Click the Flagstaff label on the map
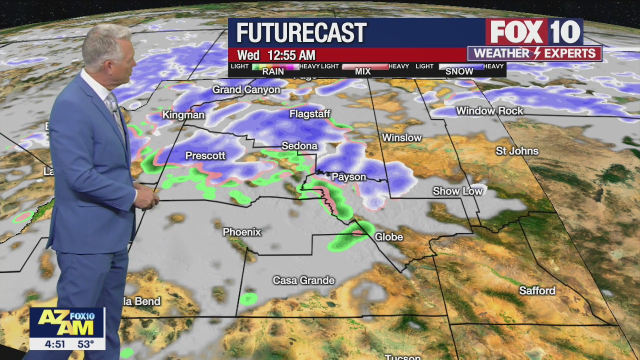pos(310,114)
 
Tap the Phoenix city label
pos(242,232)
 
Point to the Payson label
pos(349,177)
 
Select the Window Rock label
pos(489,111)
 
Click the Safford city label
pos(537,290)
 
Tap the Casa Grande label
pos(303,280)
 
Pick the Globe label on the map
pos(388,237)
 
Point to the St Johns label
pos(517,151)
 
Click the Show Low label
pos(457,191)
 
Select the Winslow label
pos(401,137)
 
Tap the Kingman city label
pos(183,115)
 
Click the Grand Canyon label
pos(246,90)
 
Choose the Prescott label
pos(205,156)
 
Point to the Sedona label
pos(299,146)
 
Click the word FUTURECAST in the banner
pos(301,33)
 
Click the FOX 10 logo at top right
pos(534,32)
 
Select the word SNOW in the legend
pos(459,71)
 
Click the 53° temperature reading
pos(85,344)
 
